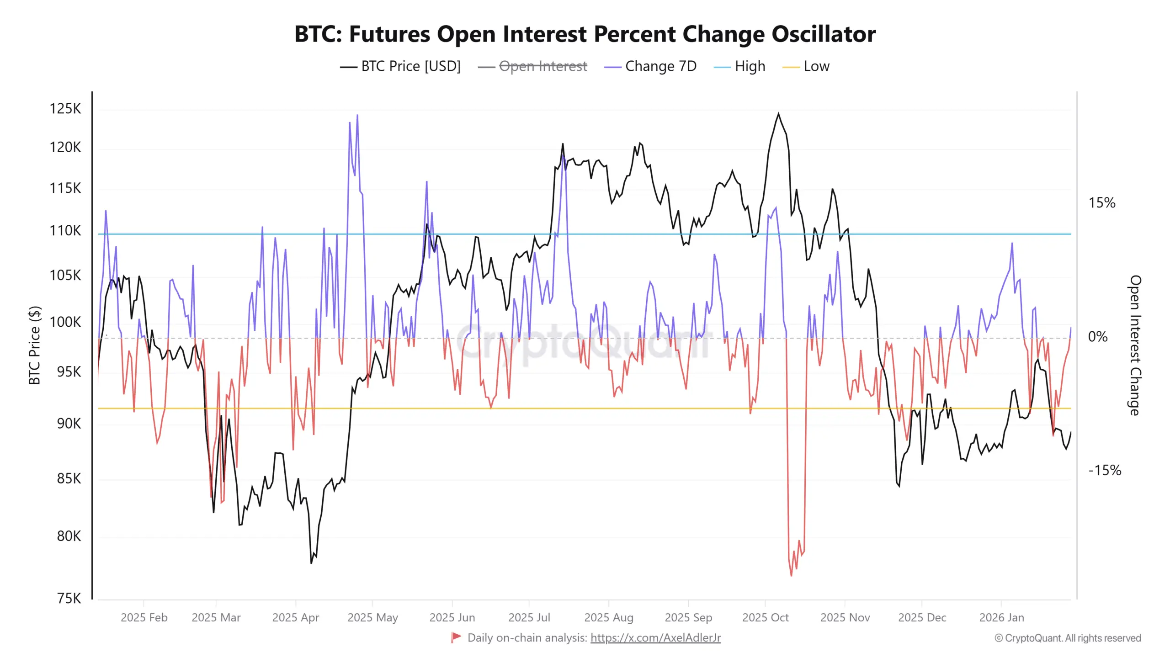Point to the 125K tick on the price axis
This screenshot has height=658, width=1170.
coord(65,109)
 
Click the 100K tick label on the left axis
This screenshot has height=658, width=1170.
coord(65,322)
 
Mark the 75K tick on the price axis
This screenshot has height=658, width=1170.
coord(69,598)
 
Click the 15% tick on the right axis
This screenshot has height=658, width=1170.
coord(1101,203)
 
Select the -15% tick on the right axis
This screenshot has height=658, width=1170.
coord(1105,470)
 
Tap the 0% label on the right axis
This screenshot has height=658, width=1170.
coord(1097,337)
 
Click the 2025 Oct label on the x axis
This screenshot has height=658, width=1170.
coord(766,617)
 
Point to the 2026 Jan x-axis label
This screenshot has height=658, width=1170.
coord(1001,617)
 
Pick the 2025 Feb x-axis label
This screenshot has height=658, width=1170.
coord(144,617)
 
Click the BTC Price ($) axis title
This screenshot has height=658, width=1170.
coord(35,345)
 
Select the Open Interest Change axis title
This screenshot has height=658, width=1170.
coord(1135,345)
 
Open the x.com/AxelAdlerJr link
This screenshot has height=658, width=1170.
coord(655,638)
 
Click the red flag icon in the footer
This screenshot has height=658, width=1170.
coord(456,637)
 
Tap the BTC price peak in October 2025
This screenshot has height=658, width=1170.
coord(778,114)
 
